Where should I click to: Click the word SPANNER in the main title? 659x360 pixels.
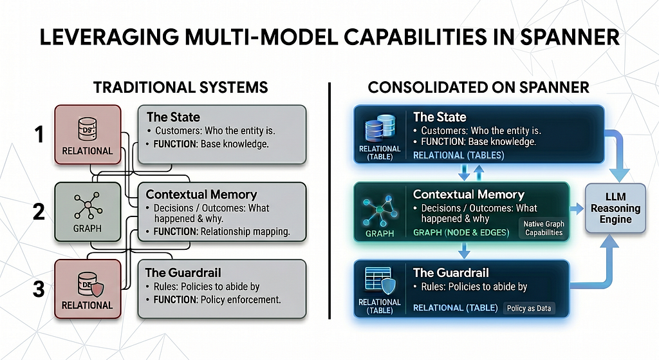570,37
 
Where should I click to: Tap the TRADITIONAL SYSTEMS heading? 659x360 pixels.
181,88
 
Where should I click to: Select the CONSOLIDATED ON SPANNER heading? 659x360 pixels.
478,88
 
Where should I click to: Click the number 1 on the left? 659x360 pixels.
39,135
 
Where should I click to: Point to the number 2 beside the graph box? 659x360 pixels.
39,212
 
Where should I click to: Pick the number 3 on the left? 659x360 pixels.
39,289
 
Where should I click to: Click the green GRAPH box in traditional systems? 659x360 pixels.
88,212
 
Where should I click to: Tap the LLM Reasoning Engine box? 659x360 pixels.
615,208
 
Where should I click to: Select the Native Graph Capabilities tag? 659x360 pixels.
544,229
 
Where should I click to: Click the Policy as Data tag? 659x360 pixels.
529,308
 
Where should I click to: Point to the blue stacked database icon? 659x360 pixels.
380,128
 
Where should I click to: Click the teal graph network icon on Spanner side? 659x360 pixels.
379,210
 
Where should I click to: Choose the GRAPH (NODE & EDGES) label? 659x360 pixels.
461,232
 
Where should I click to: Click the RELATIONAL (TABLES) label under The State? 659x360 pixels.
458,155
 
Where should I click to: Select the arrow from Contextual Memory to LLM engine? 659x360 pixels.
577,208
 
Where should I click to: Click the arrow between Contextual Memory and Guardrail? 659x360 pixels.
464,251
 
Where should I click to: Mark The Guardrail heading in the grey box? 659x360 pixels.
183,272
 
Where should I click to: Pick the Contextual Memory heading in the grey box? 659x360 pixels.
201,194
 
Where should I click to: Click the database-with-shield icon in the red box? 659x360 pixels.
90,284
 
